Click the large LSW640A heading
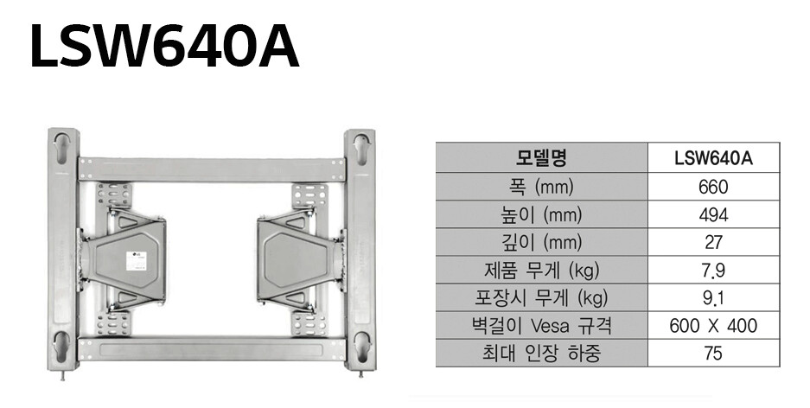point(164,47)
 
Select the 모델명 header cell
point(541,158)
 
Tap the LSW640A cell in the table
point(713,158)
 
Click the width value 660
point(713,187)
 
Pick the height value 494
point(713,214)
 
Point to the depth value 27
point(713,242)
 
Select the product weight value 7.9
point(713,270)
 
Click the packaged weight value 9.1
point(713,298)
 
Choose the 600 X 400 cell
point(713,326)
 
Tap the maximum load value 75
point(713,354)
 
